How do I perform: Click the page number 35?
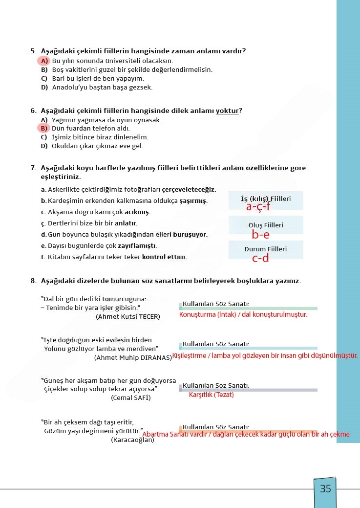[325, 488]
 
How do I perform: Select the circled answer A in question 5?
[44, 61]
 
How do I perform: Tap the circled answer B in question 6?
[44, 129]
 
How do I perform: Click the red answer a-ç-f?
[258, 207]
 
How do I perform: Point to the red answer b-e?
[260, 235]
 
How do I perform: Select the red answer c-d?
[260, 259]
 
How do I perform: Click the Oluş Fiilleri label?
[265, 225]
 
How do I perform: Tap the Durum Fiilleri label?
[265, 249]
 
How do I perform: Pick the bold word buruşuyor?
[190, 235]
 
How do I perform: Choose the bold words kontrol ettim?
[164, 257]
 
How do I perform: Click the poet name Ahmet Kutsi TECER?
[128, 317]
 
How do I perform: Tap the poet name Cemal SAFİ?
[130, 398]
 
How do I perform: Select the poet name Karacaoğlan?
[132, 440]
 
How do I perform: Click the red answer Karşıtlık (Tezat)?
[211, 395]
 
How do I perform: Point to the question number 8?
[33, 281]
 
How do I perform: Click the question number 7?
[33, 168]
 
